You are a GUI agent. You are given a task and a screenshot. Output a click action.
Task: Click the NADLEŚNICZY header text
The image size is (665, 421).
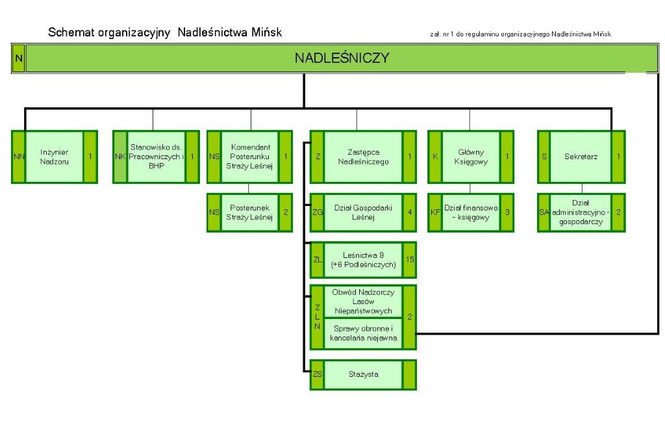[342, 58]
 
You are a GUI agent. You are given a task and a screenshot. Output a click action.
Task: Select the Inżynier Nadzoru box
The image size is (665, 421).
[54, 157]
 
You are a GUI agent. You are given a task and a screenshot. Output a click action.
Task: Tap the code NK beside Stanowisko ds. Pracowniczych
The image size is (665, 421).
[119, 157]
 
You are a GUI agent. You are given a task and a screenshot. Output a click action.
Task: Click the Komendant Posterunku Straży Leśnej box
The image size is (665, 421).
[250, 157]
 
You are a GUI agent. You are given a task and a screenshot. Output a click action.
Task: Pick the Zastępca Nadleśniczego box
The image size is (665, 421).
[363, 157]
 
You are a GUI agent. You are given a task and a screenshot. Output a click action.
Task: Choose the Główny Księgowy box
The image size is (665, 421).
[471, 157]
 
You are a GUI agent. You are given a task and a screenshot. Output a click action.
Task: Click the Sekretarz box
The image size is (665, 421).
[581, 157]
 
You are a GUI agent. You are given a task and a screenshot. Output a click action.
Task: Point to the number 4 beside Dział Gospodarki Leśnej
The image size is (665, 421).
[409, 212]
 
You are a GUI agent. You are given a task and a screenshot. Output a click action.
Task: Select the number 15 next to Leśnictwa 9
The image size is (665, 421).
[410, 260]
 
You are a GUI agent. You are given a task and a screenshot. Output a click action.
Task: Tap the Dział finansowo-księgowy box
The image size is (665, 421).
[471, 212]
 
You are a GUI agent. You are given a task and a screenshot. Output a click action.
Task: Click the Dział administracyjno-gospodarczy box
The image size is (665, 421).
[581, 212]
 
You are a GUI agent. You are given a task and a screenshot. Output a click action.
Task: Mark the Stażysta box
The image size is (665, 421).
[363, 374]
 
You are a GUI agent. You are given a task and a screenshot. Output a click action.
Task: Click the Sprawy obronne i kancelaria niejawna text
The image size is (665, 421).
[363, 333]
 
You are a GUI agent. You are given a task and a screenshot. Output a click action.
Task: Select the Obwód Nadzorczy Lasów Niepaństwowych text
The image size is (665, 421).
[363, 301]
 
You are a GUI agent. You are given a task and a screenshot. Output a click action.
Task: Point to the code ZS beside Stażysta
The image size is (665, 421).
[317, 374]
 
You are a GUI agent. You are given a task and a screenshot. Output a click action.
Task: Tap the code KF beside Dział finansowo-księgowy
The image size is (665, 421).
[434, 212]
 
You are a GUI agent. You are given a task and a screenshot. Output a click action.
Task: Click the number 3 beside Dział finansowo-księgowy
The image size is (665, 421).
[507, 212]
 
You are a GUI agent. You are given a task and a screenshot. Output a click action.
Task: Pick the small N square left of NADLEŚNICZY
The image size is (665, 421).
[18, 58]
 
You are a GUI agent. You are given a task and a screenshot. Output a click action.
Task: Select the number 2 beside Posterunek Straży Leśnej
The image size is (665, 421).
[286, 212]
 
